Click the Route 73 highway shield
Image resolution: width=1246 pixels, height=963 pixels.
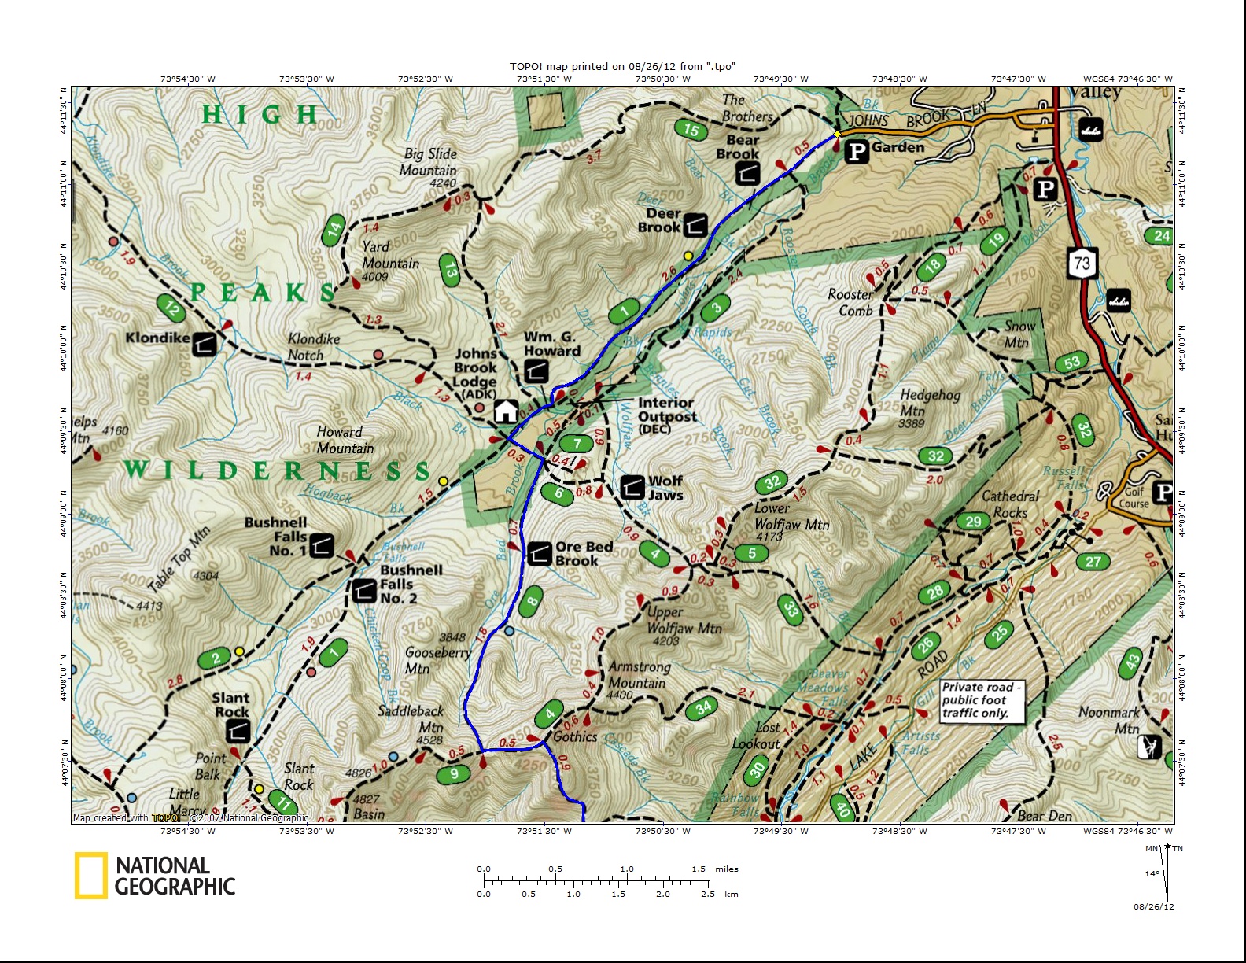click(x=1082, y=264)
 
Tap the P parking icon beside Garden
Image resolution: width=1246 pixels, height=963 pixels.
click(x=857, y=151)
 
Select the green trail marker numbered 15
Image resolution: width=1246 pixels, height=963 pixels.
click(x=691, y=130)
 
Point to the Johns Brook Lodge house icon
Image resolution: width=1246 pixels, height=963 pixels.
click(x=506, y=411)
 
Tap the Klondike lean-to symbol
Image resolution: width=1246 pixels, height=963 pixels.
click(x=205, y=344)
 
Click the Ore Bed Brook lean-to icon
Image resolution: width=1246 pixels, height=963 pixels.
click(x=539, y=554)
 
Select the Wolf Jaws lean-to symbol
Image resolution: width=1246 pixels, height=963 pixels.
click(x=632, y=487)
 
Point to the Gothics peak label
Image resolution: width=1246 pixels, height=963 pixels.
click(x=575, y=736)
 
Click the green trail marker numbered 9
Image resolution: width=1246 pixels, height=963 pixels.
click(x=454, y=774)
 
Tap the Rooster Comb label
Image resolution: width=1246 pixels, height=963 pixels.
click(x=851, y=302)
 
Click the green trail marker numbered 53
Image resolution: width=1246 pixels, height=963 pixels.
click(x=1072, y=363)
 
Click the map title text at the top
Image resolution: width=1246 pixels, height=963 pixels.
click(x=622, y=66)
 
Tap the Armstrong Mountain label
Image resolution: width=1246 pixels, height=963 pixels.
click(x=639, y=675)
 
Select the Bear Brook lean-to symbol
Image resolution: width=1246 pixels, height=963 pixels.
click(x=748, y=173)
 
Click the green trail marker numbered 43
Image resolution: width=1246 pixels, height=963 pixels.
click(x=1132, y=662)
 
